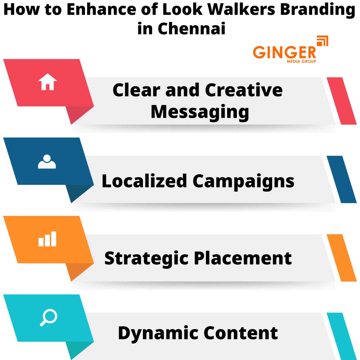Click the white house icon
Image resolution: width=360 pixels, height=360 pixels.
pos(48,82)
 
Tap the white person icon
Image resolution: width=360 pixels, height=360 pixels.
pos(47,162)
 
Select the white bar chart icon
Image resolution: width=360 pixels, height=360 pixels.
pos(48,239)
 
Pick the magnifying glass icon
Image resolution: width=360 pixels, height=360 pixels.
pos(48,318)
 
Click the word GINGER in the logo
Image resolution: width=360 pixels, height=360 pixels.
pos(284,52)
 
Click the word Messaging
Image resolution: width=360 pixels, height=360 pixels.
pos(200,112)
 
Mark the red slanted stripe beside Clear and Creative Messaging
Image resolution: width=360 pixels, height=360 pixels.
pos(342,101)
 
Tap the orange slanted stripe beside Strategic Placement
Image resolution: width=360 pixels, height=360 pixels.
pos(342,258)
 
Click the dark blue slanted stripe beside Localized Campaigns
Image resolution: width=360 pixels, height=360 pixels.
pos(342,179)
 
